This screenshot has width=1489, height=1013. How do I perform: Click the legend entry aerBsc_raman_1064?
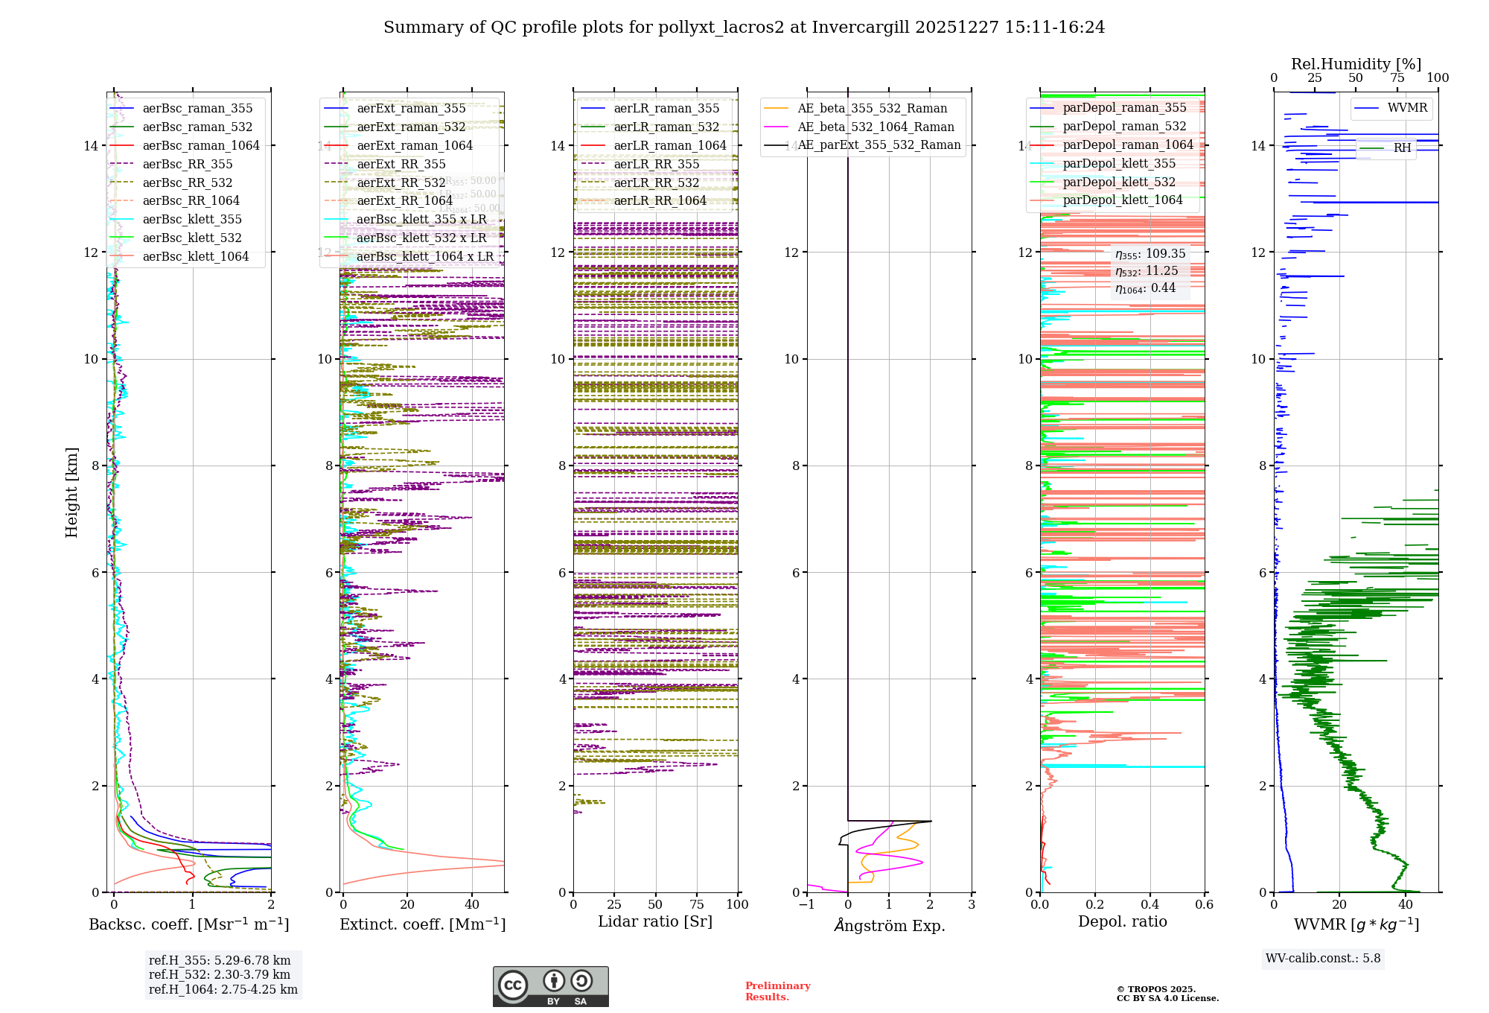(x=201, y=146)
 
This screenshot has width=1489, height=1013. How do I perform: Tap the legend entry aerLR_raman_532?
(x=666, y=127)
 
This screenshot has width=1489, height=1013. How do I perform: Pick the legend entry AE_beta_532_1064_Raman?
(x=876, y=127)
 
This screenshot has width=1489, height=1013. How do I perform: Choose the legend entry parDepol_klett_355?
(x=1119, y=164)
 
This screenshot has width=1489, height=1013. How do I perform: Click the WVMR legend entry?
(x=1407, y=108)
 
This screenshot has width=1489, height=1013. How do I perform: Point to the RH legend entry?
(x=1402, y=148)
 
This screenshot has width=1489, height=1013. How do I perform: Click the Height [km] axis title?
(x=71, y=492)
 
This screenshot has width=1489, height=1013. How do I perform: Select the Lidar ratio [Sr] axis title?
(x=655, y=922)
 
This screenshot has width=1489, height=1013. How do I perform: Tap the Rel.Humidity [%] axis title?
(x=1356, y=64)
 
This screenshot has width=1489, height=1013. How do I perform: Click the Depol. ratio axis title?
(x=1122, y=922)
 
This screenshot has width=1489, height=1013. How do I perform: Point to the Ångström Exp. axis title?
(x=889, y=926)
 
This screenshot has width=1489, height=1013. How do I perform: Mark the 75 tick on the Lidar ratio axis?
(x=697, y=905)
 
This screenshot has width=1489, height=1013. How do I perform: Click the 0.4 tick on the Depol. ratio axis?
(x=1150, y=905)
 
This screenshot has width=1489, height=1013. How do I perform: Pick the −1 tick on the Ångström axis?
(x=807, y=905)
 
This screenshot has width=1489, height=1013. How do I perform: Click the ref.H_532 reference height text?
(x=220, y=975)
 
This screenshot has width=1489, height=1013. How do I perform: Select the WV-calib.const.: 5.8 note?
(x=1323, y=959)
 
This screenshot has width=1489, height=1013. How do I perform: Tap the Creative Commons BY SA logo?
(x=550, y=987)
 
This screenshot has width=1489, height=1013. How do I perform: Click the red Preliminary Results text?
(x=777, y=991)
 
